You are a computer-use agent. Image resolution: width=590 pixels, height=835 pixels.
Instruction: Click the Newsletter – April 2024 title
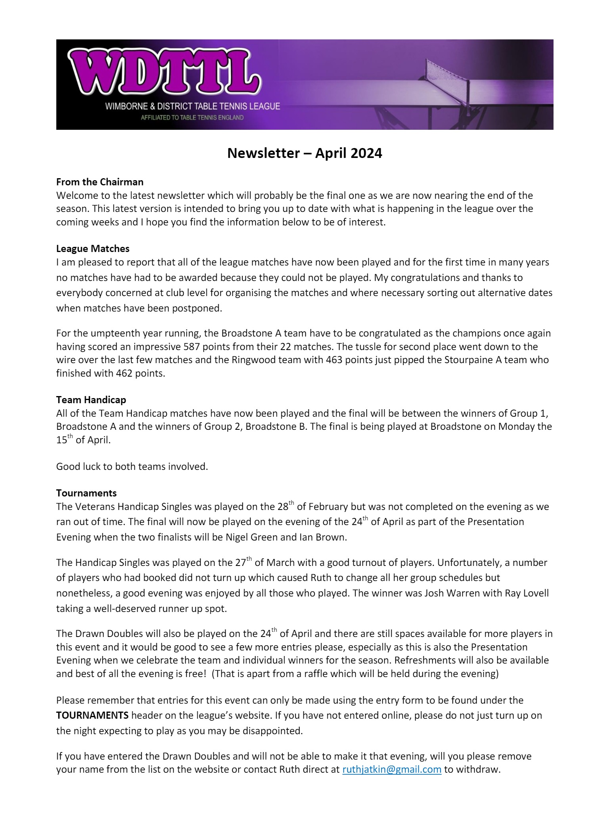(305, 153)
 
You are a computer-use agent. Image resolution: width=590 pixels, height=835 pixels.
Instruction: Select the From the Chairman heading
(100, 182)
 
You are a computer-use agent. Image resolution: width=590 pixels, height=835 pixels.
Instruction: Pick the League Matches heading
(93, 249)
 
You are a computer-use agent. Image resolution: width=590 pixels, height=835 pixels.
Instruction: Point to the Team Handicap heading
(91, 400)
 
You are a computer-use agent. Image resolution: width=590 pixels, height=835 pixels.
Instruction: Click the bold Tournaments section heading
(86, 493)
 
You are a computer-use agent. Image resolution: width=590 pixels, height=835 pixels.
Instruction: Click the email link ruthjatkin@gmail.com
(391, 770)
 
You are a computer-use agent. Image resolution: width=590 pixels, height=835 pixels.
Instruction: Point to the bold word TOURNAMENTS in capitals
(92, 716)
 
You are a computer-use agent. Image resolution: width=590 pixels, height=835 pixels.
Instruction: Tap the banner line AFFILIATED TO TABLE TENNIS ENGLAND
(192, 118)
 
